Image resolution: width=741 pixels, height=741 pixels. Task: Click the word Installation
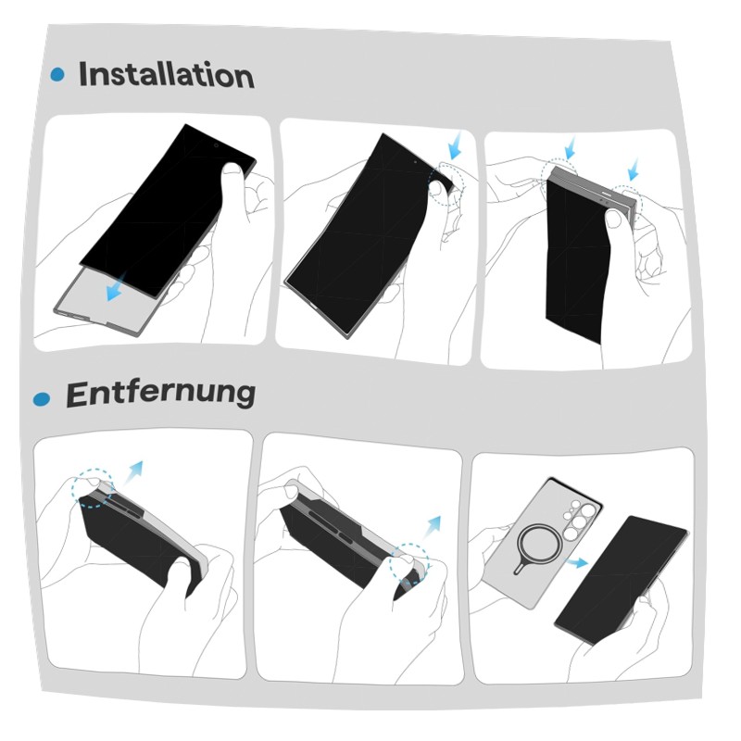(x=167, y=75)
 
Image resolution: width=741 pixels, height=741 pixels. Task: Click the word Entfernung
(x=161, y=394)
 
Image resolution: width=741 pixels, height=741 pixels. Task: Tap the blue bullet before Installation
(x=57, y=74)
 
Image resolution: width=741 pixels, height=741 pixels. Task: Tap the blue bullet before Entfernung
(x=42, y=399)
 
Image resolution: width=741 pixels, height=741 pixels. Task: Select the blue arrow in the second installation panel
(x=456, y=145)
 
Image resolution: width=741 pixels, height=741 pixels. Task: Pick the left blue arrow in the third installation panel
(x=571, y=148)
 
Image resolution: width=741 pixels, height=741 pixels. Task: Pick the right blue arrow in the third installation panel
(x=634, y=170)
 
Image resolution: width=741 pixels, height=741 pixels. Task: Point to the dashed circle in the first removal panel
(x=93, y=488)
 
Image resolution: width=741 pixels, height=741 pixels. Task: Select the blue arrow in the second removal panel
(x=432, y=528)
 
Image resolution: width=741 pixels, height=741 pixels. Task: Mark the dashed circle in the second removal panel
(x=409, y=564)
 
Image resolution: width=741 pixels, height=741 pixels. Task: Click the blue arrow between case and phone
(x=577, y=562)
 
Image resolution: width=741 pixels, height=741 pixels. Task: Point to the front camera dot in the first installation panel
(x=216, y=145)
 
